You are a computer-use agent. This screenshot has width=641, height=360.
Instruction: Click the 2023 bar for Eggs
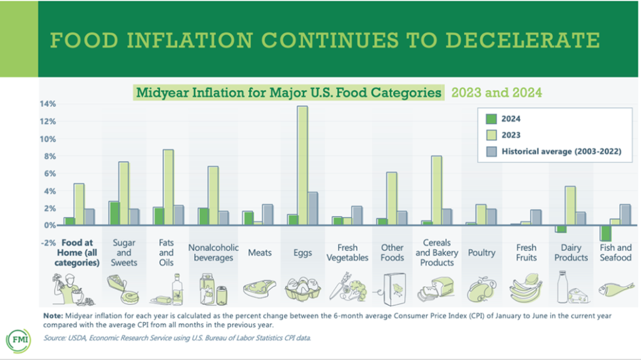click(x=302, y=165)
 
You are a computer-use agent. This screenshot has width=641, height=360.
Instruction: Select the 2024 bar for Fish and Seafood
click(x=605, y=233)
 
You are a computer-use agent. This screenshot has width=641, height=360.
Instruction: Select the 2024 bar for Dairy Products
click(x=562, y=229)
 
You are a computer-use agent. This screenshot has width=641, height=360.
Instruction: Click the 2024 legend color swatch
click(x=491, y=118)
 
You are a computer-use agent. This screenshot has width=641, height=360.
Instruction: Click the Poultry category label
click(x=481, y=253)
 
